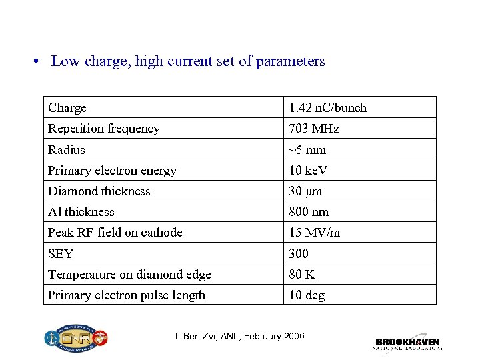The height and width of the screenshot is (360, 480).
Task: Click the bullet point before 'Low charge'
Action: pyautogui.click(x=38, y=62)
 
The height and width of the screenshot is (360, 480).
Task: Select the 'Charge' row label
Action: pyautogui.click(x=67, y=108)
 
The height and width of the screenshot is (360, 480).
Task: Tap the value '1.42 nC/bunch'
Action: pyautogui.click(x=327, y=108)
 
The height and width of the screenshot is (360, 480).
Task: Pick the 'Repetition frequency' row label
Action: pyautogui.click(x=104, y=129)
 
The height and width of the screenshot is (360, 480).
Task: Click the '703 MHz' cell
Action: pyautogui.click(x=313, y=129)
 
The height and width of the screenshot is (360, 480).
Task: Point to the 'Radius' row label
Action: pyautogui.click(x=67, y=150)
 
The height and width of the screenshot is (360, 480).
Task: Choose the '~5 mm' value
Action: pyautogui.click(x=307, y=150)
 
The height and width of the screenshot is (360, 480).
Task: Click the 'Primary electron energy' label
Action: pyautogui.click(x=112, y=171)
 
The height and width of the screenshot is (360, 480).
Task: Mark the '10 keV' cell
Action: pyautogui.click(x=308, y=171)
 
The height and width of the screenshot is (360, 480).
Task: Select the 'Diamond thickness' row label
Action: pyautogui.click(x=99, y=191)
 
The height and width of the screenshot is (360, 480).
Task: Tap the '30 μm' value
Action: pyautogui.click(x=305, y=191)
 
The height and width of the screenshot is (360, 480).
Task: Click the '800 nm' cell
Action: pyautogui.click(x=309, y=212)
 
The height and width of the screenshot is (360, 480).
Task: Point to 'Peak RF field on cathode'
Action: pyautogui.click(x=115, y=233)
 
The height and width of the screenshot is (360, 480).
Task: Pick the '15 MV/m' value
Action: pyautogui.click(x=314, y=233)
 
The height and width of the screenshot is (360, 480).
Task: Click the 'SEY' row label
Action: pyautogui.click(x=61, y=254)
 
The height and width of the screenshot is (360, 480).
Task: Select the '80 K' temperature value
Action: pyautogui.click(x=302, y=275)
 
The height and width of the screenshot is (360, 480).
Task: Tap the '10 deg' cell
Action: pyautogui.click(x=307, y=295)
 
